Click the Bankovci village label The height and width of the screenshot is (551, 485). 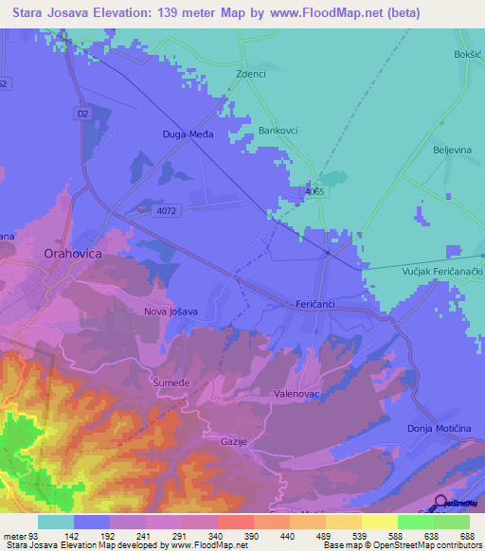[279, 132]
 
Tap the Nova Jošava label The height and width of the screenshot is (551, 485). [171, 311]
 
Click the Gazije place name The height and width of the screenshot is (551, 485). [233, 443]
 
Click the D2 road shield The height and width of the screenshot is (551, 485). [82, 113]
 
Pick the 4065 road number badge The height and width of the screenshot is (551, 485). [314, 192]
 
